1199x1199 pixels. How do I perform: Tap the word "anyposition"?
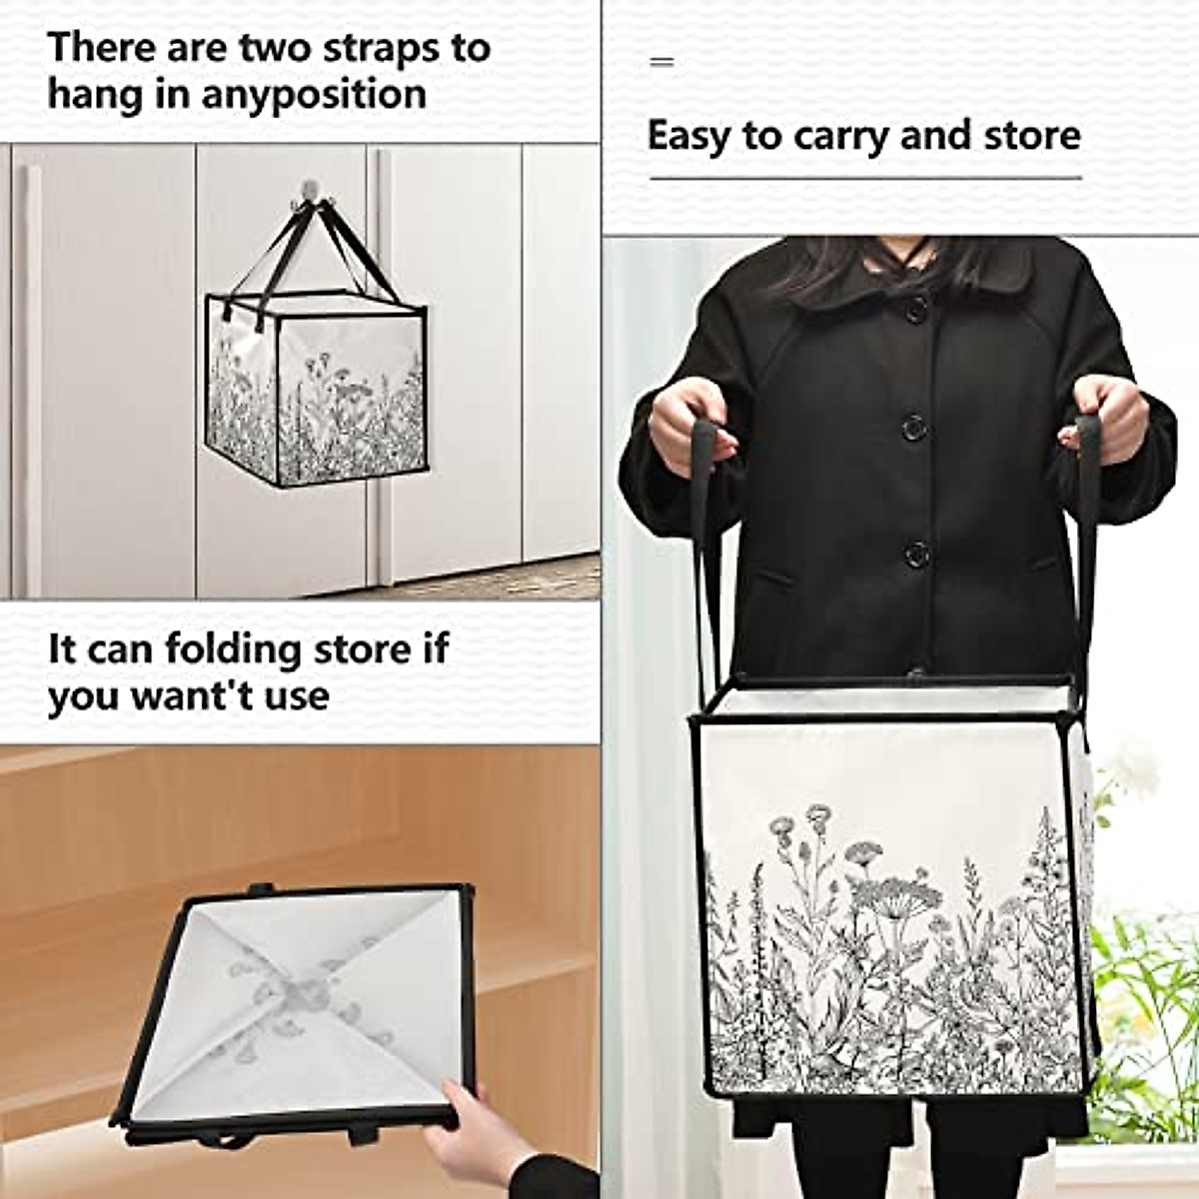pyautogui.click(x=314, y=96)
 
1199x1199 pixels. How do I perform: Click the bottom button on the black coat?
pyautogui.click(x=916, y=553)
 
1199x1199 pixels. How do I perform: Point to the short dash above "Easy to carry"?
pyautogui.click(x=661, y=62)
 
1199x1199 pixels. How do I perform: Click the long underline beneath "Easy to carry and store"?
pyautogui.click(x=865, y=178)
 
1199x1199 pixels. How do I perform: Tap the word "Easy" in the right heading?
pyautogui.click(x=688, y=136)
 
